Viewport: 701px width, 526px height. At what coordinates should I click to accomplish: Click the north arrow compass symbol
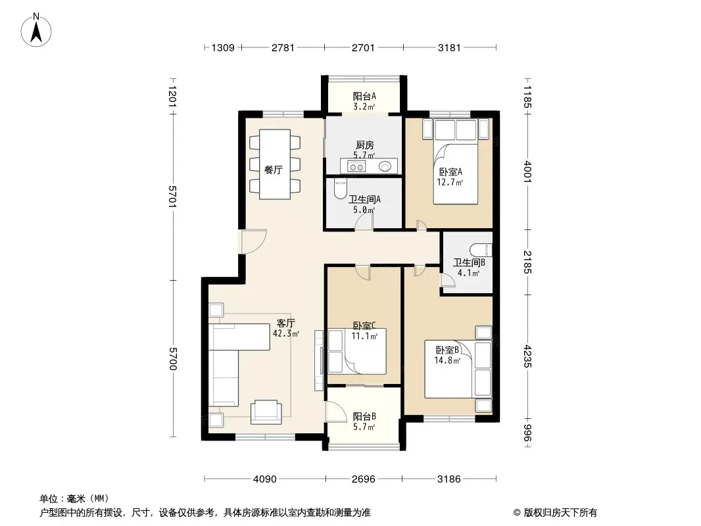tap(36, 30)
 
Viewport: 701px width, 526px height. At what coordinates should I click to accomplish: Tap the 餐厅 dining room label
tap(273, 170)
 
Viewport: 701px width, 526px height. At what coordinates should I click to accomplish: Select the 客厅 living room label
tap(286, 323)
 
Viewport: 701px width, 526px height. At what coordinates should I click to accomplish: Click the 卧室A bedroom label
tap(450, 172)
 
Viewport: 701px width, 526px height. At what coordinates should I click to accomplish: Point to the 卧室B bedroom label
tap(447, 350)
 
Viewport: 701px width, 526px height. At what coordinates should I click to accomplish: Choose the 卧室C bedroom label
tap(364, 325)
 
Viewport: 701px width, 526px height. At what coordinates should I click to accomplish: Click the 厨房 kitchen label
tap(365, 145)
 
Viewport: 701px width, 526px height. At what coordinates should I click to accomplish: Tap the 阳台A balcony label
tap(364, 96)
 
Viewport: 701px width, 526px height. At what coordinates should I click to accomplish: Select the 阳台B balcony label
tap(364, 416)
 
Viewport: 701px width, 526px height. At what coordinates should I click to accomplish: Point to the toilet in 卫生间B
tap(481, 250)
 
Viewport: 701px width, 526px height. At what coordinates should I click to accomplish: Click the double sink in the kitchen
tap(357, 167)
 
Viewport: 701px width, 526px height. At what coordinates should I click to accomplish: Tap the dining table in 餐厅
tap(275, 164)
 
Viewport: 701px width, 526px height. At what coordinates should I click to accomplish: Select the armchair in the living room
tap(266, 412)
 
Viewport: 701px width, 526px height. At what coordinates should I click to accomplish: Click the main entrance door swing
tap(254, 241)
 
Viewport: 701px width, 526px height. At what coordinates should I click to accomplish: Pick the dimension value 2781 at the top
tap(283, 47)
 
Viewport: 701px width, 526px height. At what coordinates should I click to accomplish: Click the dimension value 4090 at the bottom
tap(264, 479)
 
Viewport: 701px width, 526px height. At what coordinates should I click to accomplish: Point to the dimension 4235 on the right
tap(527, 356)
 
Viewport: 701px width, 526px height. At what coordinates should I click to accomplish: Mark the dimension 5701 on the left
tap(173, 196)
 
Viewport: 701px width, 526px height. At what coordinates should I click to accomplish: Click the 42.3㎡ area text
tap(286, 333)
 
